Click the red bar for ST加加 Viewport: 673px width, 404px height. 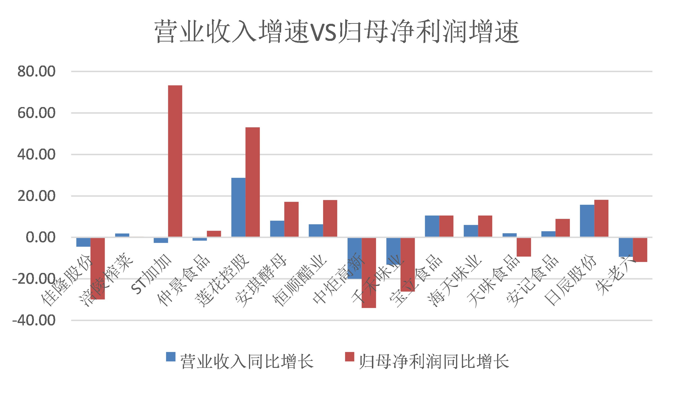pyautogui.click(x=175, y=161)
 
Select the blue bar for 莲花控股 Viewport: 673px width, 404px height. pyautogui.click(x=238, y=207)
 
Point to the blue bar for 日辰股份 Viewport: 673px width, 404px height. pyautogui.click(x=587, y=221)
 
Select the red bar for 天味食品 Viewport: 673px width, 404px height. pyautogui.click(x=524, y=247)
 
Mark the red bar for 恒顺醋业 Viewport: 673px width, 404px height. pyautogui.click(x=330, y=218)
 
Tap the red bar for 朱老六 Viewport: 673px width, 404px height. pyautogui.click(x=640, y=250)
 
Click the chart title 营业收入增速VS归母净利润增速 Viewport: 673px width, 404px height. pyautogui.click(x=336, y=32)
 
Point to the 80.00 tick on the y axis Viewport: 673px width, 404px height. pyautogui.click(x=36, y=72)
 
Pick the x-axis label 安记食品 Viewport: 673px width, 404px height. pyautogui.click(x=532, y=280)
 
